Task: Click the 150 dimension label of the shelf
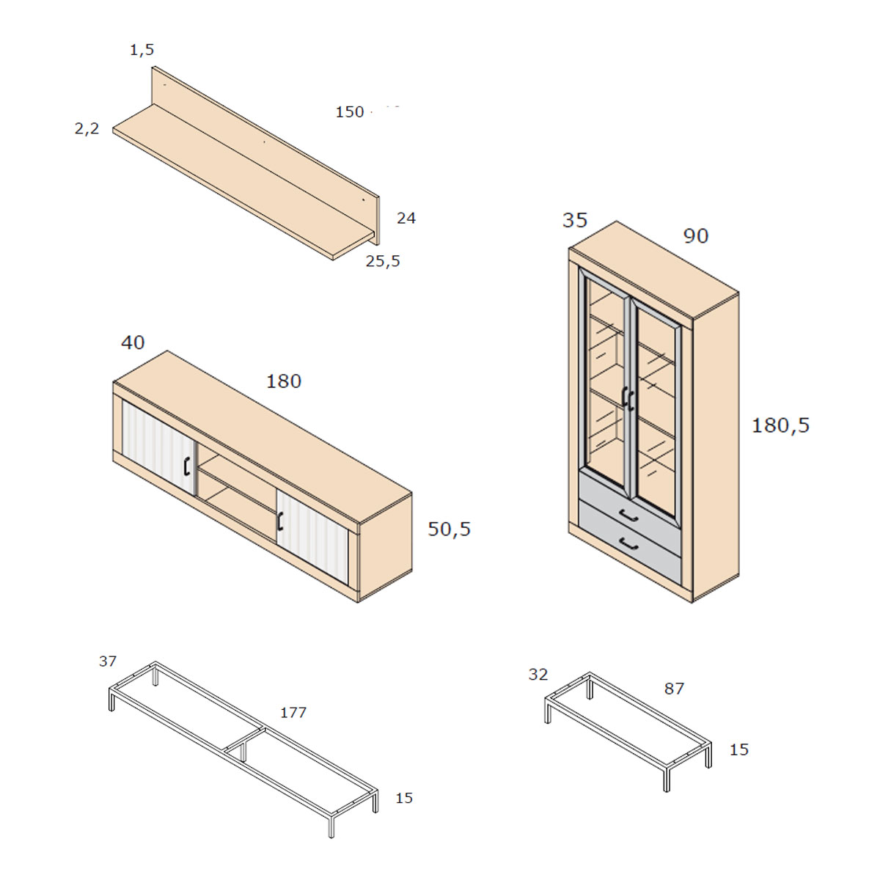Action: (x=349, y=112)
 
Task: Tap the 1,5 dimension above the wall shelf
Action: (x=142, y=50)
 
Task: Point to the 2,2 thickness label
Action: (x=87, y=129)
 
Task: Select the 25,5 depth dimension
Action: (x=383, y=261)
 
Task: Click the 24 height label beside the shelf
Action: (x=406, y=219)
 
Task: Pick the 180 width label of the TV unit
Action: (x=284, y=381)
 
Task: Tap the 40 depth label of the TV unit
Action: (x=133, y=342)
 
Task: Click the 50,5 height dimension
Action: (x=449, y=529)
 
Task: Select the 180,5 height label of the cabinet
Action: (x=780, y=425)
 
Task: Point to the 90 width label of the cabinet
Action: (x=695, y=235)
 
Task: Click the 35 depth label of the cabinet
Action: (x=574, y=220)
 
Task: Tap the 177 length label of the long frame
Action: (x=293, y=712)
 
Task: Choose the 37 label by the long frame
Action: (x=108, y=661)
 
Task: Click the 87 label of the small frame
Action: (x=674, y=688)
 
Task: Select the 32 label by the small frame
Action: (x=538, y=674)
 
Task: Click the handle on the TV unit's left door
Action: (x=186, y=466)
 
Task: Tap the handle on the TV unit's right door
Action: (x=280, y=521)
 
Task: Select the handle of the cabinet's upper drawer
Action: (x=628, y=515)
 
